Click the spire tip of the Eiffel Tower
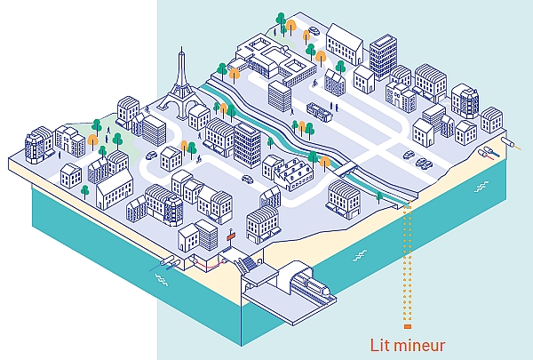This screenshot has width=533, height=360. click(x=181, y=47)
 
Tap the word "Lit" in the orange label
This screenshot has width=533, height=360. click(x=378, y=345)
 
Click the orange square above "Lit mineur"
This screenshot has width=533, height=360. click(x=408, y=326)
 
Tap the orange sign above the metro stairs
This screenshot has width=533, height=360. click(x=232, y=236)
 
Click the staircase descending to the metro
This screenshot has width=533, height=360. click(x=246, y=264)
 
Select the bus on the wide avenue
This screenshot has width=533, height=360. click(x=319, y=112)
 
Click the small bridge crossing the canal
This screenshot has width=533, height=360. click(x=345, y=169)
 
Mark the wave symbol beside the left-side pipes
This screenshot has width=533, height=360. click(x=162, y=280)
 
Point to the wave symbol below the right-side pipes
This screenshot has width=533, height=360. click(x=481, y=187)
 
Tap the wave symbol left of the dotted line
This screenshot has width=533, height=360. click(x=360, y=255)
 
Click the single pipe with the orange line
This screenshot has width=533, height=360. click(x=511, y=143)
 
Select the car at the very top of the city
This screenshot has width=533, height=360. click(x=314, y=31)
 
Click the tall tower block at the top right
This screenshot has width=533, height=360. click(x=383, y=56)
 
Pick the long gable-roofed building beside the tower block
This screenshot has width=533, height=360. click(x=344, y=44)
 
